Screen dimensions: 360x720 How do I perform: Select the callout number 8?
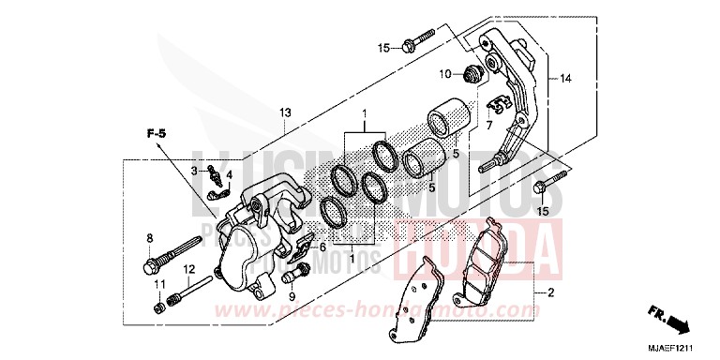click(x=149, y=237)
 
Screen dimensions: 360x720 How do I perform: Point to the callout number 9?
click(x=292, y=296)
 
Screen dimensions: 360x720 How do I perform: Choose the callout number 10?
click(x=447, y=73)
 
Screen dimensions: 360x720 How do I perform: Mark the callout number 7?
click(x=487, y=125)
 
